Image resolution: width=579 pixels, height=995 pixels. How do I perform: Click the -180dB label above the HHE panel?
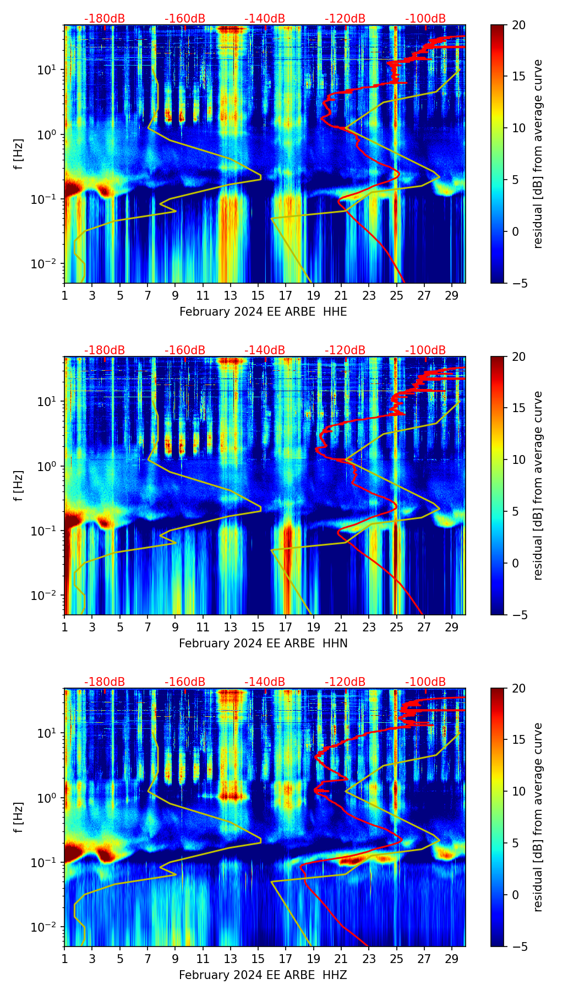pyautogui.click(x=105, y=19)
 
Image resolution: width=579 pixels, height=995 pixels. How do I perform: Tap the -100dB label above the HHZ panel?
pyautogui.click(x=425, y=682)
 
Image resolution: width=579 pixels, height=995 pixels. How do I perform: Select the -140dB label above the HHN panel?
pyautogui.click(x=265, y=350)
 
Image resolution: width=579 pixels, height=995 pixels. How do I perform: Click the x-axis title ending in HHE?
pyautogui.click(x=263, y=312)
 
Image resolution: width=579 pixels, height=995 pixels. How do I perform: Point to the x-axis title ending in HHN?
pyautogui.click(x=263, y=643)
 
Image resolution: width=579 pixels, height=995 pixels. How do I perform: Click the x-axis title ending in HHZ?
pyautogui.click(x=263, y=975)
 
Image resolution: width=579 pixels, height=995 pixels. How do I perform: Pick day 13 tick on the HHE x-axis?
pyautogui.click(x=231, y=295)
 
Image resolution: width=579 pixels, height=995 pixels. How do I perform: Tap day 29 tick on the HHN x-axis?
pyautogui.click(x=452, y=627)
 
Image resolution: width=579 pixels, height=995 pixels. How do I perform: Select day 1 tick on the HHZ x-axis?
pyautogui.click(x=65, y=959)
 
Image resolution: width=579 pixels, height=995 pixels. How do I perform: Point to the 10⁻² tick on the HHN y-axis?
pyautogui.click(x=48, y=596)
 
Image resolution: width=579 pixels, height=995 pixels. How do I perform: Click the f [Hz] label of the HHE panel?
pyautogui.click(x=19, y=154)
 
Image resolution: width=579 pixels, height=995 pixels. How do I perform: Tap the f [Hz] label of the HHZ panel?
pyautogui.click(x=19, y=818)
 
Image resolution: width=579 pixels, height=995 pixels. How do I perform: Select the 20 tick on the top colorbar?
pyautogui.click(x=518, y=25)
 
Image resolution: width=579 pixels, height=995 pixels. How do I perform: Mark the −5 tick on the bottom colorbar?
pyautogui.click(x=518, y=947)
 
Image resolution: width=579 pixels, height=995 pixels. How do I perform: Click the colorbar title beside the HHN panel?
pyautogui.click(x=538, y=485)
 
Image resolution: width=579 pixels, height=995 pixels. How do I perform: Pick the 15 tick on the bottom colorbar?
pyautogui.click(x=518, y=740)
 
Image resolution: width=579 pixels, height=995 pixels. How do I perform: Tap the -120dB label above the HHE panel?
pyautogui.click(x=345, y=19)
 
